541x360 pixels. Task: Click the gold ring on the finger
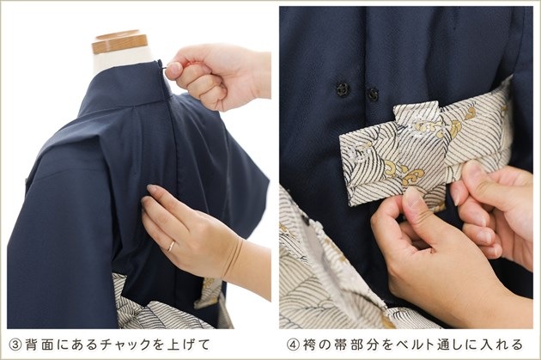point(171,246)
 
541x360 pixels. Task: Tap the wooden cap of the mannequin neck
point(119,42)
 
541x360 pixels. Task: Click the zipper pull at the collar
point(163,68)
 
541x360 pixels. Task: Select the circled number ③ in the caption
point(15,345)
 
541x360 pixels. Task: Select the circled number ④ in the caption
point(294,345)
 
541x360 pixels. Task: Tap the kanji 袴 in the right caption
point(309,345)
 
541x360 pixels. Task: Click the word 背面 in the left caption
point(40,345)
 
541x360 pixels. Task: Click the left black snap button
point(343,89)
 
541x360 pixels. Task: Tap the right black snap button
point(373,94)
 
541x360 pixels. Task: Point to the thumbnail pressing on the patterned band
point(411,195)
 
